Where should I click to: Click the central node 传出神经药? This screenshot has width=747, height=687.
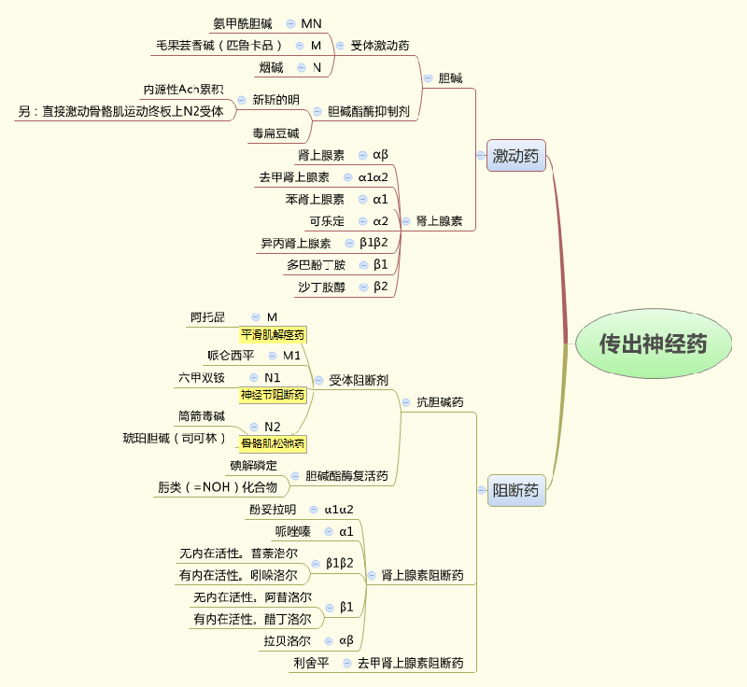(x=653, y=343)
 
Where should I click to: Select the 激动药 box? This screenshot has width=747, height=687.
(x=515, y=156)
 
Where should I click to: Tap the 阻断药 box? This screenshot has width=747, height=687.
(x=515, y=490)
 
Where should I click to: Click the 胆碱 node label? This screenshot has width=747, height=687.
(x=450, y=78)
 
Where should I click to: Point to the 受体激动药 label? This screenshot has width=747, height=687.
(x=379, y=45)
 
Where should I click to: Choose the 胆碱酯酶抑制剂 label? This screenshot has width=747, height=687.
(x=368, y=111)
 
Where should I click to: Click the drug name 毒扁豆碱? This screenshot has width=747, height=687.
(x=275, y=133)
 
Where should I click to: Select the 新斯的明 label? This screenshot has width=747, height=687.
(x=275, y=100)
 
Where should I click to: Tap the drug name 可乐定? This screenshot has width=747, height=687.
(x=327, y=221)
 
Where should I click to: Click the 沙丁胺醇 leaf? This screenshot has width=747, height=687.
(x=321, y=287)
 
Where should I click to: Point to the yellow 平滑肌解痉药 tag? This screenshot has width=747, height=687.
(x=273, y=334)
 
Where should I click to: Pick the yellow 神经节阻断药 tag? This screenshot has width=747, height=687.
(x=273, y=395)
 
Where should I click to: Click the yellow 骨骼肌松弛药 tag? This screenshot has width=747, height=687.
(x=273, y=443)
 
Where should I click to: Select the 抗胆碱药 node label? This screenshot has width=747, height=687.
(x=440, y=402)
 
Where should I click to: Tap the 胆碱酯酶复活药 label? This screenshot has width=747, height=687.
(x=346, y=476)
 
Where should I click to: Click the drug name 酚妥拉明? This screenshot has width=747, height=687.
(x=273, y=510)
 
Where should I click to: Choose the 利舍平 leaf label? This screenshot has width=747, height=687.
(x=311, y=663)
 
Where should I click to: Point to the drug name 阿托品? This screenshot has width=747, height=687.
(x=207, y=317)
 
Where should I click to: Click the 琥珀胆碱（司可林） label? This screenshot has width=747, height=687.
(x=175, y=438)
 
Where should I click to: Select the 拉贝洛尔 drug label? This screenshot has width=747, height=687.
(x=287, y=641)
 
